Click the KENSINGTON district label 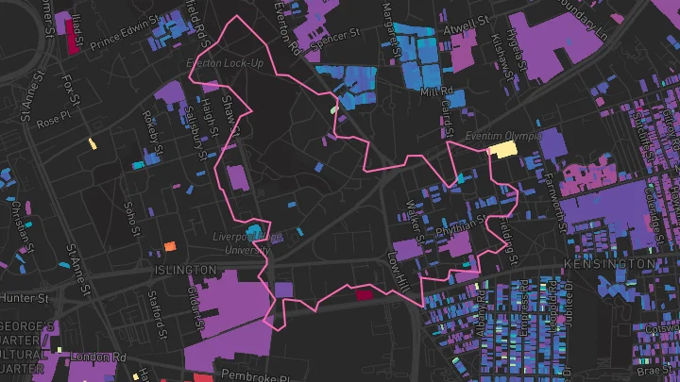(603, 263)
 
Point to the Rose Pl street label (47, 123)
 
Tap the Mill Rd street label (441, 91)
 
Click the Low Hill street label (399, 271)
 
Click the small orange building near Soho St (170, 246)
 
